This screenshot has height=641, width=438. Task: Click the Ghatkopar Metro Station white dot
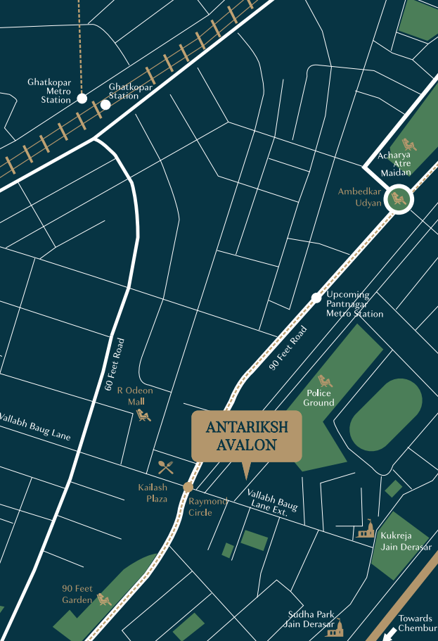coord(82,99)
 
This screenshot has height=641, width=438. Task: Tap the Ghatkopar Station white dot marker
coord(105,104)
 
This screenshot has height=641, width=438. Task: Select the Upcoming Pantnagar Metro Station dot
coord(316,298)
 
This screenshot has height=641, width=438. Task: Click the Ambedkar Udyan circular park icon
coord(399,199)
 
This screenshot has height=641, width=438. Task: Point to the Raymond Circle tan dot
coord(188,487)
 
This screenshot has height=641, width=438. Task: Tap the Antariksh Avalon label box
coord(246,436)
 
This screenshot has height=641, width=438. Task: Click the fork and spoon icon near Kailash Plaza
coord(166,468)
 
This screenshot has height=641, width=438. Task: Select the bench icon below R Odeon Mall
coord(143,415)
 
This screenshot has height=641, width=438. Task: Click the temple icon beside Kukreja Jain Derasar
coord(365,530)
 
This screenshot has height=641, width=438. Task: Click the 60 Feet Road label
coord(117,364)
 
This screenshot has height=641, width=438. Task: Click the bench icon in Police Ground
coord(325,382)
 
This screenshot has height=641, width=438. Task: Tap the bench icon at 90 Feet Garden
coord(105,599)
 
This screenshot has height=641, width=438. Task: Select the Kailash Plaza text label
coord(153,493)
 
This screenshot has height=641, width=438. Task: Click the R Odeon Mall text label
coord(134,395)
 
